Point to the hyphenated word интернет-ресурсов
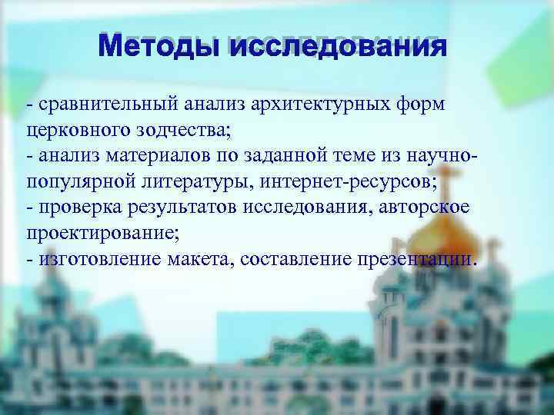pos(349,182)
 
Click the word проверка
pos(75,207)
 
